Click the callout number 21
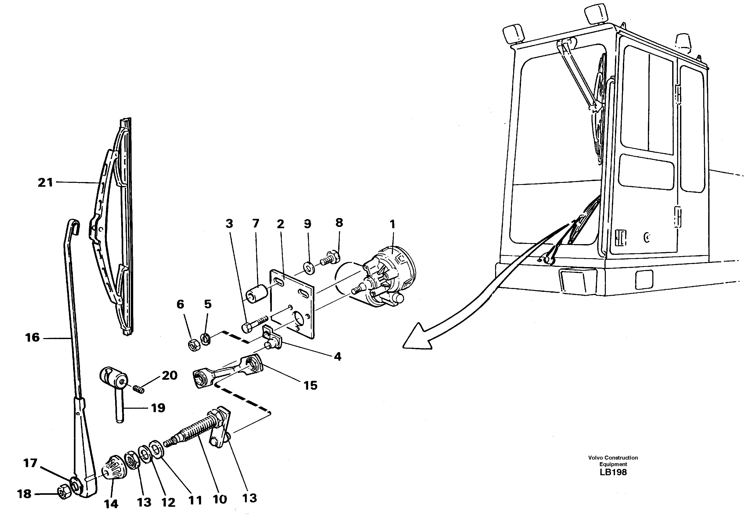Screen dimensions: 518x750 point(45,183)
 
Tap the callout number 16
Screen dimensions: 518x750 point(32,338)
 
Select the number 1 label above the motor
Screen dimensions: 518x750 point(392,224)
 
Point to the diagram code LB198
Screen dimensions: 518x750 point(613,472)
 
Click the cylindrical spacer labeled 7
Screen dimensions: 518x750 point(258,294)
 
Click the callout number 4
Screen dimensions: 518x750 point(338,357)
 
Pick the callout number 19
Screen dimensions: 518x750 point(158,408)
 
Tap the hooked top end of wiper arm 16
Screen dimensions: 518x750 point(74,224)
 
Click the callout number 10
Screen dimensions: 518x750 point(220,499)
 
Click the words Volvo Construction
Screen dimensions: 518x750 point(613,458)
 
